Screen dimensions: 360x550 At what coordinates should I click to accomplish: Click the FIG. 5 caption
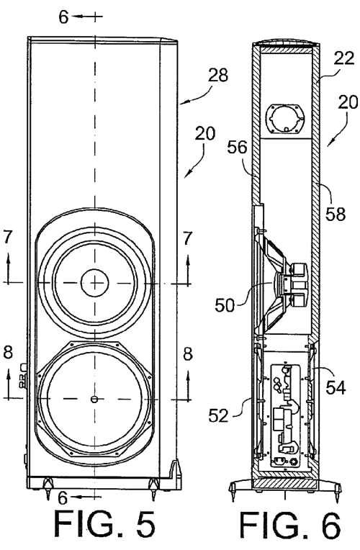click(104, 524)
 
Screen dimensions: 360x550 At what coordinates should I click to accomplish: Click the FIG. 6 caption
click(290, 525)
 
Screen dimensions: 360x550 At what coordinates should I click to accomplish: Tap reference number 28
click(217, 75)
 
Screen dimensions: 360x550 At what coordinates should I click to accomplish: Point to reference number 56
click(237, 148)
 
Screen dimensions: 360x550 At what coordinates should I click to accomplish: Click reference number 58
click(336, 214)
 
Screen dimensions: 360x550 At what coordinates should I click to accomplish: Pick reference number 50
click(225, 305)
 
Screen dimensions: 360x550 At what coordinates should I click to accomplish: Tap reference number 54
click(336, 387)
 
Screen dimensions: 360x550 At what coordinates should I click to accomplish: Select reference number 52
click(218, 416)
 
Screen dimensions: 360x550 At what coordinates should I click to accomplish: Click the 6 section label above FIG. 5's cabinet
click(63, 17)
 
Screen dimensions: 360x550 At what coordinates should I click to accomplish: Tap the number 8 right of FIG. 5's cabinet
click(188, 354)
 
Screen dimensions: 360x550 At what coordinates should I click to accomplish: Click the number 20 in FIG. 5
click(205, 134)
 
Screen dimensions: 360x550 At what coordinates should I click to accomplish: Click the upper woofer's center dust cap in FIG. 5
click(95, 283)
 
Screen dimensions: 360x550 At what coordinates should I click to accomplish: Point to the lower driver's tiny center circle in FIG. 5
click(94, 399)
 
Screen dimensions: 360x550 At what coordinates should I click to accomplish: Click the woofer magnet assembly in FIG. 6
click(297, 284)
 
